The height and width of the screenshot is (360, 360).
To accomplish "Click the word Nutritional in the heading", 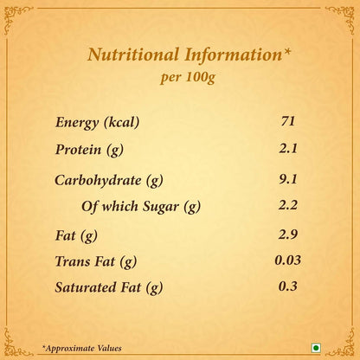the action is point(133,55).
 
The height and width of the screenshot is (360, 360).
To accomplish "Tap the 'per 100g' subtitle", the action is point(188,77).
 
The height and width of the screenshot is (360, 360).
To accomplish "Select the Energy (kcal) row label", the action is point(97,122).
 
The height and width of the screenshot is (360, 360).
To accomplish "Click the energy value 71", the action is point(288,120).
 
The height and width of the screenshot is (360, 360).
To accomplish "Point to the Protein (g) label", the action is point(89,150).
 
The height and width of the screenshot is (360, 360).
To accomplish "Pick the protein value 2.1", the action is point(288,148).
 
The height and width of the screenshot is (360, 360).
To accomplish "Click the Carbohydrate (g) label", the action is point(109,181).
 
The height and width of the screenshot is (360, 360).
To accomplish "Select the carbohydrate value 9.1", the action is point(288,179).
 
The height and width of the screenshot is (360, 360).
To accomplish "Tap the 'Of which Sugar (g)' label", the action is point(141,207).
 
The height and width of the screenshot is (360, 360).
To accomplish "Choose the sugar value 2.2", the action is point(288,205).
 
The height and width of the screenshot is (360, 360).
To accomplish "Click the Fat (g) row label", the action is point(76,235).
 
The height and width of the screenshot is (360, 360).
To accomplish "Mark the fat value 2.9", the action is point(288,235).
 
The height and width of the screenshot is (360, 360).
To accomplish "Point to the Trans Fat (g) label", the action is point(96,261).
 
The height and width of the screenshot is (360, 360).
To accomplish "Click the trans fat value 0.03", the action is point(288,260).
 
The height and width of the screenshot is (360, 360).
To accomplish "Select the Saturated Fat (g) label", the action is point(109,287).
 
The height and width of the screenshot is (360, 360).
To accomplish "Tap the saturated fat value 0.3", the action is point(288,286).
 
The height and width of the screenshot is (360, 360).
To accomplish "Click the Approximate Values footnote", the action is point(82,348).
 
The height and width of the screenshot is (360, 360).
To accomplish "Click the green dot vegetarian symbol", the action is point(316,348).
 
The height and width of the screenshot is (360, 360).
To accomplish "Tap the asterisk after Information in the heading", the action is point(286,51).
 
